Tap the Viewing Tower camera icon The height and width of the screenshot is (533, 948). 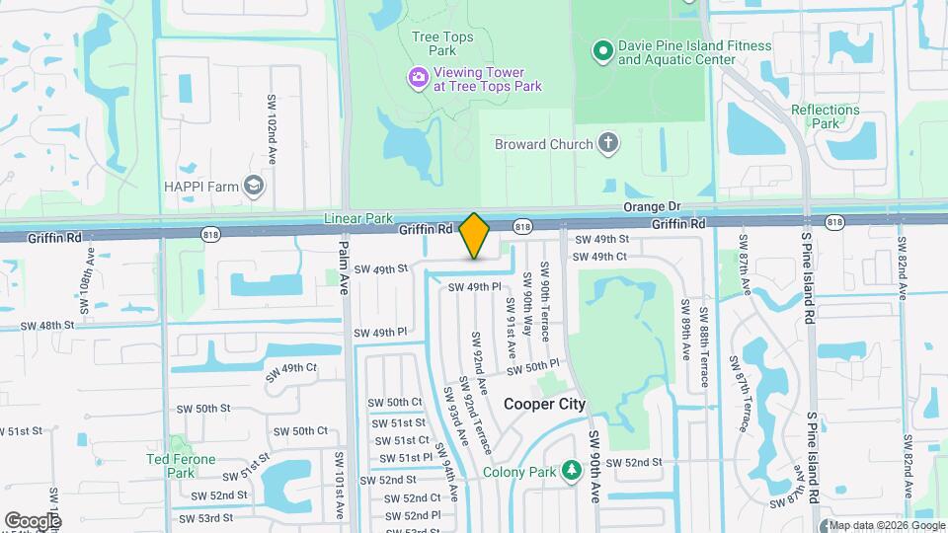tap(419, 77)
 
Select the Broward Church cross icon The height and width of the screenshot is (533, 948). tap(608, 144)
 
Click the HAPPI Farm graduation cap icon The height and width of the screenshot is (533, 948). tap(254, 187)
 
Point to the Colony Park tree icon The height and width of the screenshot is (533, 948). tap(570, 471)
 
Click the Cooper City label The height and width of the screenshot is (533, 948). tap(544, 404)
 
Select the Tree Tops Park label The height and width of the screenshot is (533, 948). tap(442, 43)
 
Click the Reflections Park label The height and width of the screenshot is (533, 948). tap(826, 116)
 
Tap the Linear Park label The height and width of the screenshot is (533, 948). tap(358, 218)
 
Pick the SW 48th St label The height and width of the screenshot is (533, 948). tap(46, 325)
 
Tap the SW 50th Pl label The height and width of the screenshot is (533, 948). tap(534, 367)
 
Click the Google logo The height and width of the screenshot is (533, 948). tap(33, 520)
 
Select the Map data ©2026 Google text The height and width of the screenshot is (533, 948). tap(886, 525)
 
